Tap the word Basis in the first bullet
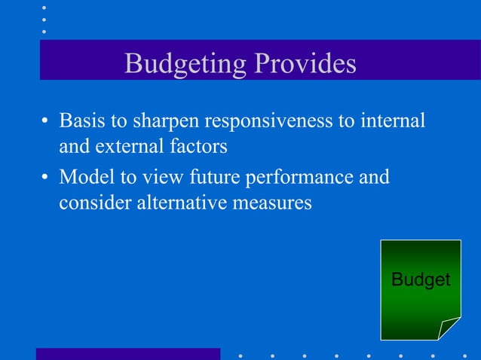[x=83, y=121]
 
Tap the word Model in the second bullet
[x=84, y=178]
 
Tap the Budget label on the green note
[x=421, y=280]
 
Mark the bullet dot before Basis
[x=46, y=122]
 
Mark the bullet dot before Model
[x=46, y=179]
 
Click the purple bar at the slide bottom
[x=127, y=353]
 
